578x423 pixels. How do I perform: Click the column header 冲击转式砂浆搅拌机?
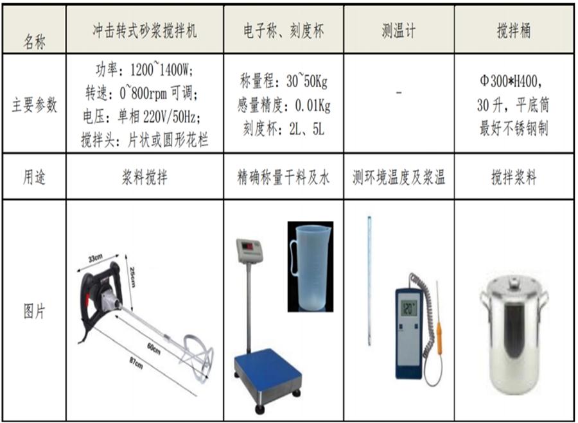(x=144, y=31)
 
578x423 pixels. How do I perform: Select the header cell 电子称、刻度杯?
(x=283, y=31)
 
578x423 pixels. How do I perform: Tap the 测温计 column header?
(x=399, y=31)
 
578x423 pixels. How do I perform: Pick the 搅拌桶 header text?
(x=514, y=31)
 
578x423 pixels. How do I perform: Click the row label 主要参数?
(x=35, y=105)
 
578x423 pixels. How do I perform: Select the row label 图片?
(x=35, y=313)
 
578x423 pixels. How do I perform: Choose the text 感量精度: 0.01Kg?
(x=283, y=105)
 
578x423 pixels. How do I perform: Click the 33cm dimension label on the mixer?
(x=96, y=259)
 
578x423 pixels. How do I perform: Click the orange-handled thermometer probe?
(x=439, y=335)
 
